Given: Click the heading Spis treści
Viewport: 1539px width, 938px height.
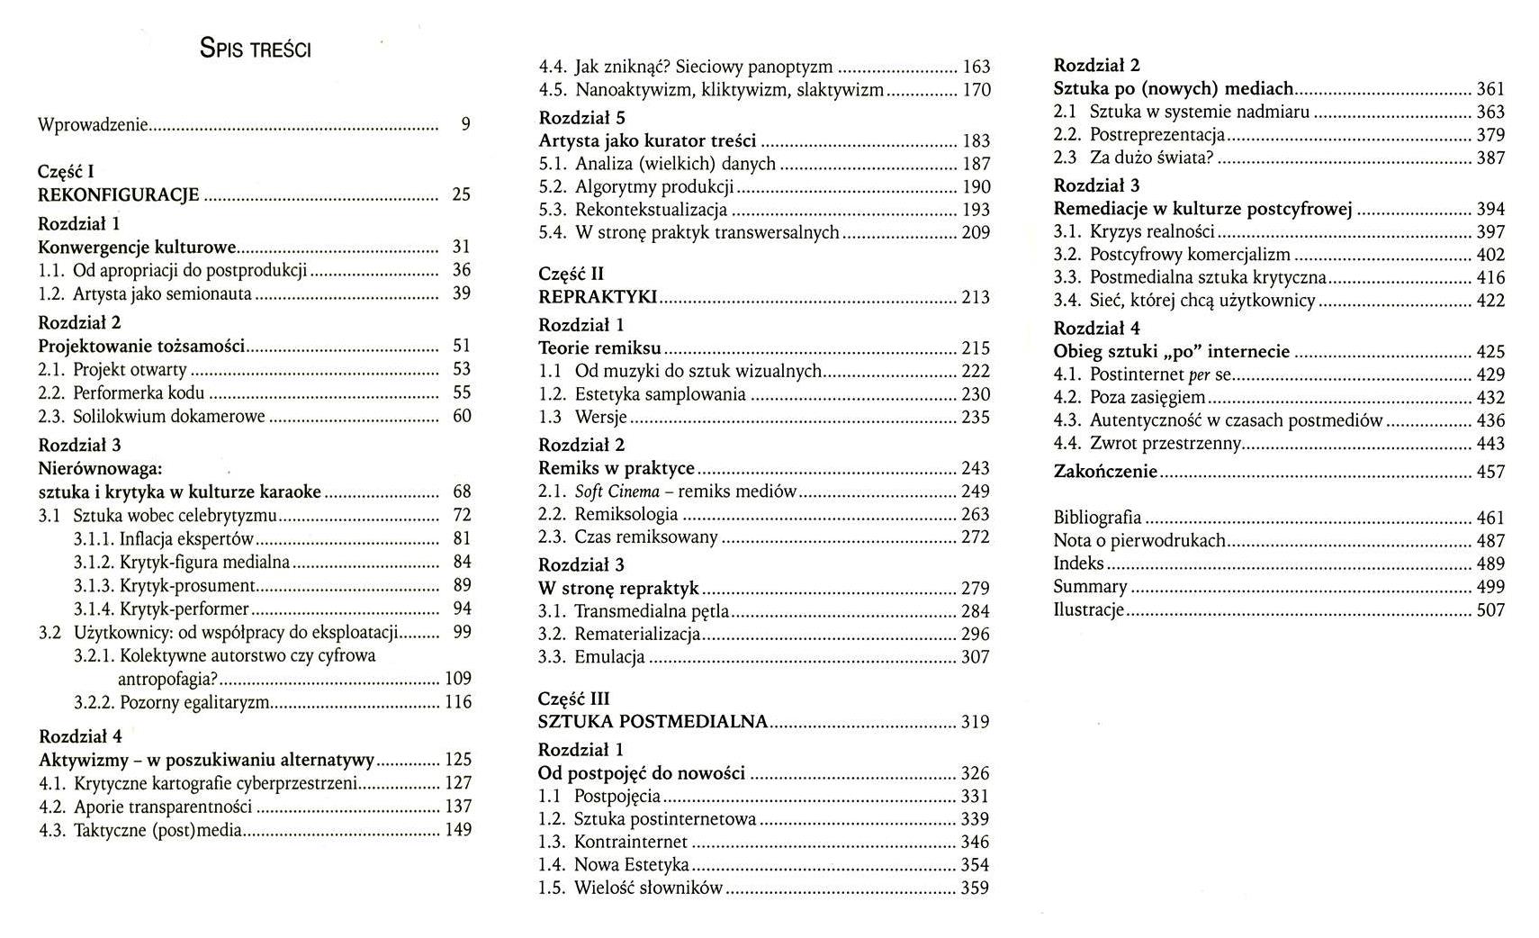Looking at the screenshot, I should tap(256, 49).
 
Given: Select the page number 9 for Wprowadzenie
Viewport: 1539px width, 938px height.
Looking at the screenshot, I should tap(465, 125).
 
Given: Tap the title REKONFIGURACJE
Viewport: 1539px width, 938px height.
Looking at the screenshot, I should tap(119, 194).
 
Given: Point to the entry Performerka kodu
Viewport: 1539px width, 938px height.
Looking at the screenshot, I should tap(139, 392).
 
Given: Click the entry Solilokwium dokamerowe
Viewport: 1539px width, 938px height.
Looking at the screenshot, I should tap(169, 416).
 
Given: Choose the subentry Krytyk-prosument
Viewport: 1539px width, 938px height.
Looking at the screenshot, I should tap(187, 586).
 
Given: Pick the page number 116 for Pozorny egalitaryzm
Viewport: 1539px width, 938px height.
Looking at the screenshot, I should tap(458, 702).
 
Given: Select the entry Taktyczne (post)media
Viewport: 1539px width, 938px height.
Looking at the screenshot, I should tap(157, 830).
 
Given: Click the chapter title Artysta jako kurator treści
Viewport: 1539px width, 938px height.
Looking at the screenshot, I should tap(647, 140).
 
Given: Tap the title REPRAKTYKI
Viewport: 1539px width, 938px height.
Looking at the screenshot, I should tap(598, 297).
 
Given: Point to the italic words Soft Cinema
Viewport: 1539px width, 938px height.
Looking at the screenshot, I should tap(617, 492).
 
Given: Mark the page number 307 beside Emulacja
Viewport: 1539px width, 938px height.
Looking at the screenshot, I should tap(975, 657).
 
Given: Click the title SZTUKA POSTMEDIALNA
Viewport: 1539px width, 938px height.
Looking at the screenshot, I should tap(652, 722).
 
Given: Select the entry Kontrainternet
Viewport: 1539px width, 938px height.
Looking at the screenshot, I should tap(631, 842).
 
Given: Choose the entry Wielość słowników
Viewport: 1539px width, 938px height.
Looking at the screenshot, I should tap(649, 888).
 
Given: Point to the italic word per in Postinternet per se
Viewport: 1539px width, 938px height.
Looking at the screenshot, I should tap(1199, 375).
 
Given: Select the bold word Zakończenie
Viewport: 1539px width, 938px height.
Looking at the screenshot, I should tap(1105, 472).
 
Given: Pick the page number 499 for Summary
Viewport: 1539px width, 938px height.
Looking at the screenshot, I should tap(1490, 587).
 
